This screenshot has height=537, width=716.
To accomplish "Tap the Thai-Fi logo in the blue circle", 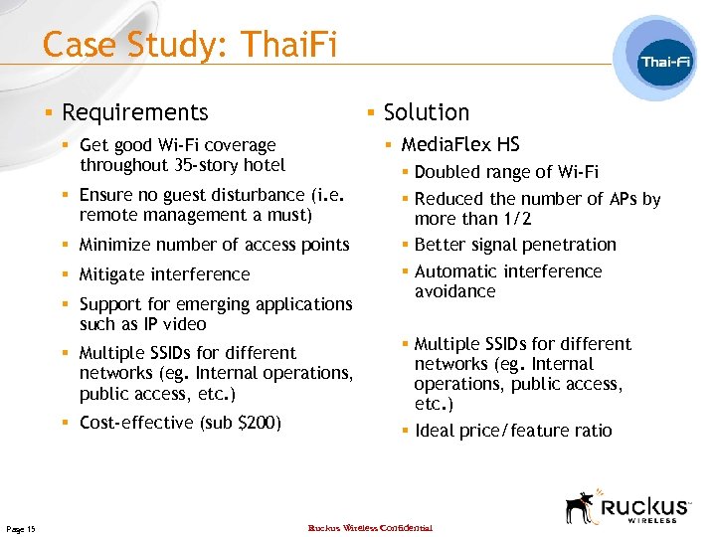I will click(x=665, y=62).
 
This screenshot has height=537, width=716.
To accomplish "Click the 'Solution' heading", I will click(x=426, y=112).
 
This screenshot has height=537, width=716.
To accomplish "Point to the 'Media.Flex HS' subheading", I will click(x=459, y=145).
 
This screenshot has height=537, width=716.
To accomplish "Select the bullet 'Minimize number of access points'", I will click(x=214, y=245).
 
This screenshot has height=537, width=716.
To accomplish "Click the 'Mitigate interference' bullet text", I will click(x=164, y=274).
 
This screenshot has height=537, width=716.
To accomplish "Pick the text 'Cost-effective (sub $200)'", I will click(x=180, y=423).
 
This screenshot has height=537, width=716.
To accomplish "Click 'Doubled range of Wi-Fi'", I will click(x=506, y=172).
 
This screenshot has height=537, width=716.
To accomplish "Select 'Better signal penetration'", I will click(x=515, y=245).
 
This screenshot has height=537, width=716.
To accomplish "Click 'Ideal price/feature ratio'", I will click(x=513, y=431).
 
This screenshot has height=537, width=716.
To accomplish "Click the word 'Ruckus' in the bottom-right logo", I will click(x=647, y=502).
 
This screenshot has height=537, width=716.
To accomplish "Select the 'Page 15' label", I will click(x=20, y=529).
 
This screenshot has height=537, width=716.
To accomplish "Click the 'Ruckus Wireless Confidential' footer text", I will click(x=370, y=528).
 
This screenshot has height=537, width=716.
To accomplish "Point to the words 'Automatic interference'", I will click(x=508, y=271).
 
